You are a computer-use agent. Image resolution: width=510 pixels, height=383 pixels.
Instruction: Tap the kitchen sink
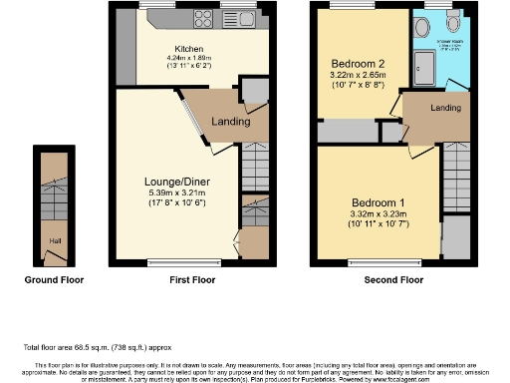coord(240,20)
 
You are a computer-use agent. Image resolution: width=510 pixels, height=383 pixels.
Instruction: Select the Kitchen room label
coord(190,48)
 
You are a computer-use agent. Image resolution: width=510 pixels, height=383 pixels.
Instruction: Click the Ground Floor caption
coord(54,280)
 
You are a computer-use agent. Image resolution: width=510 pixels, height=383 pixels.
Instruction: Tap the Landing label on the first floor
coord(229,122)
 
